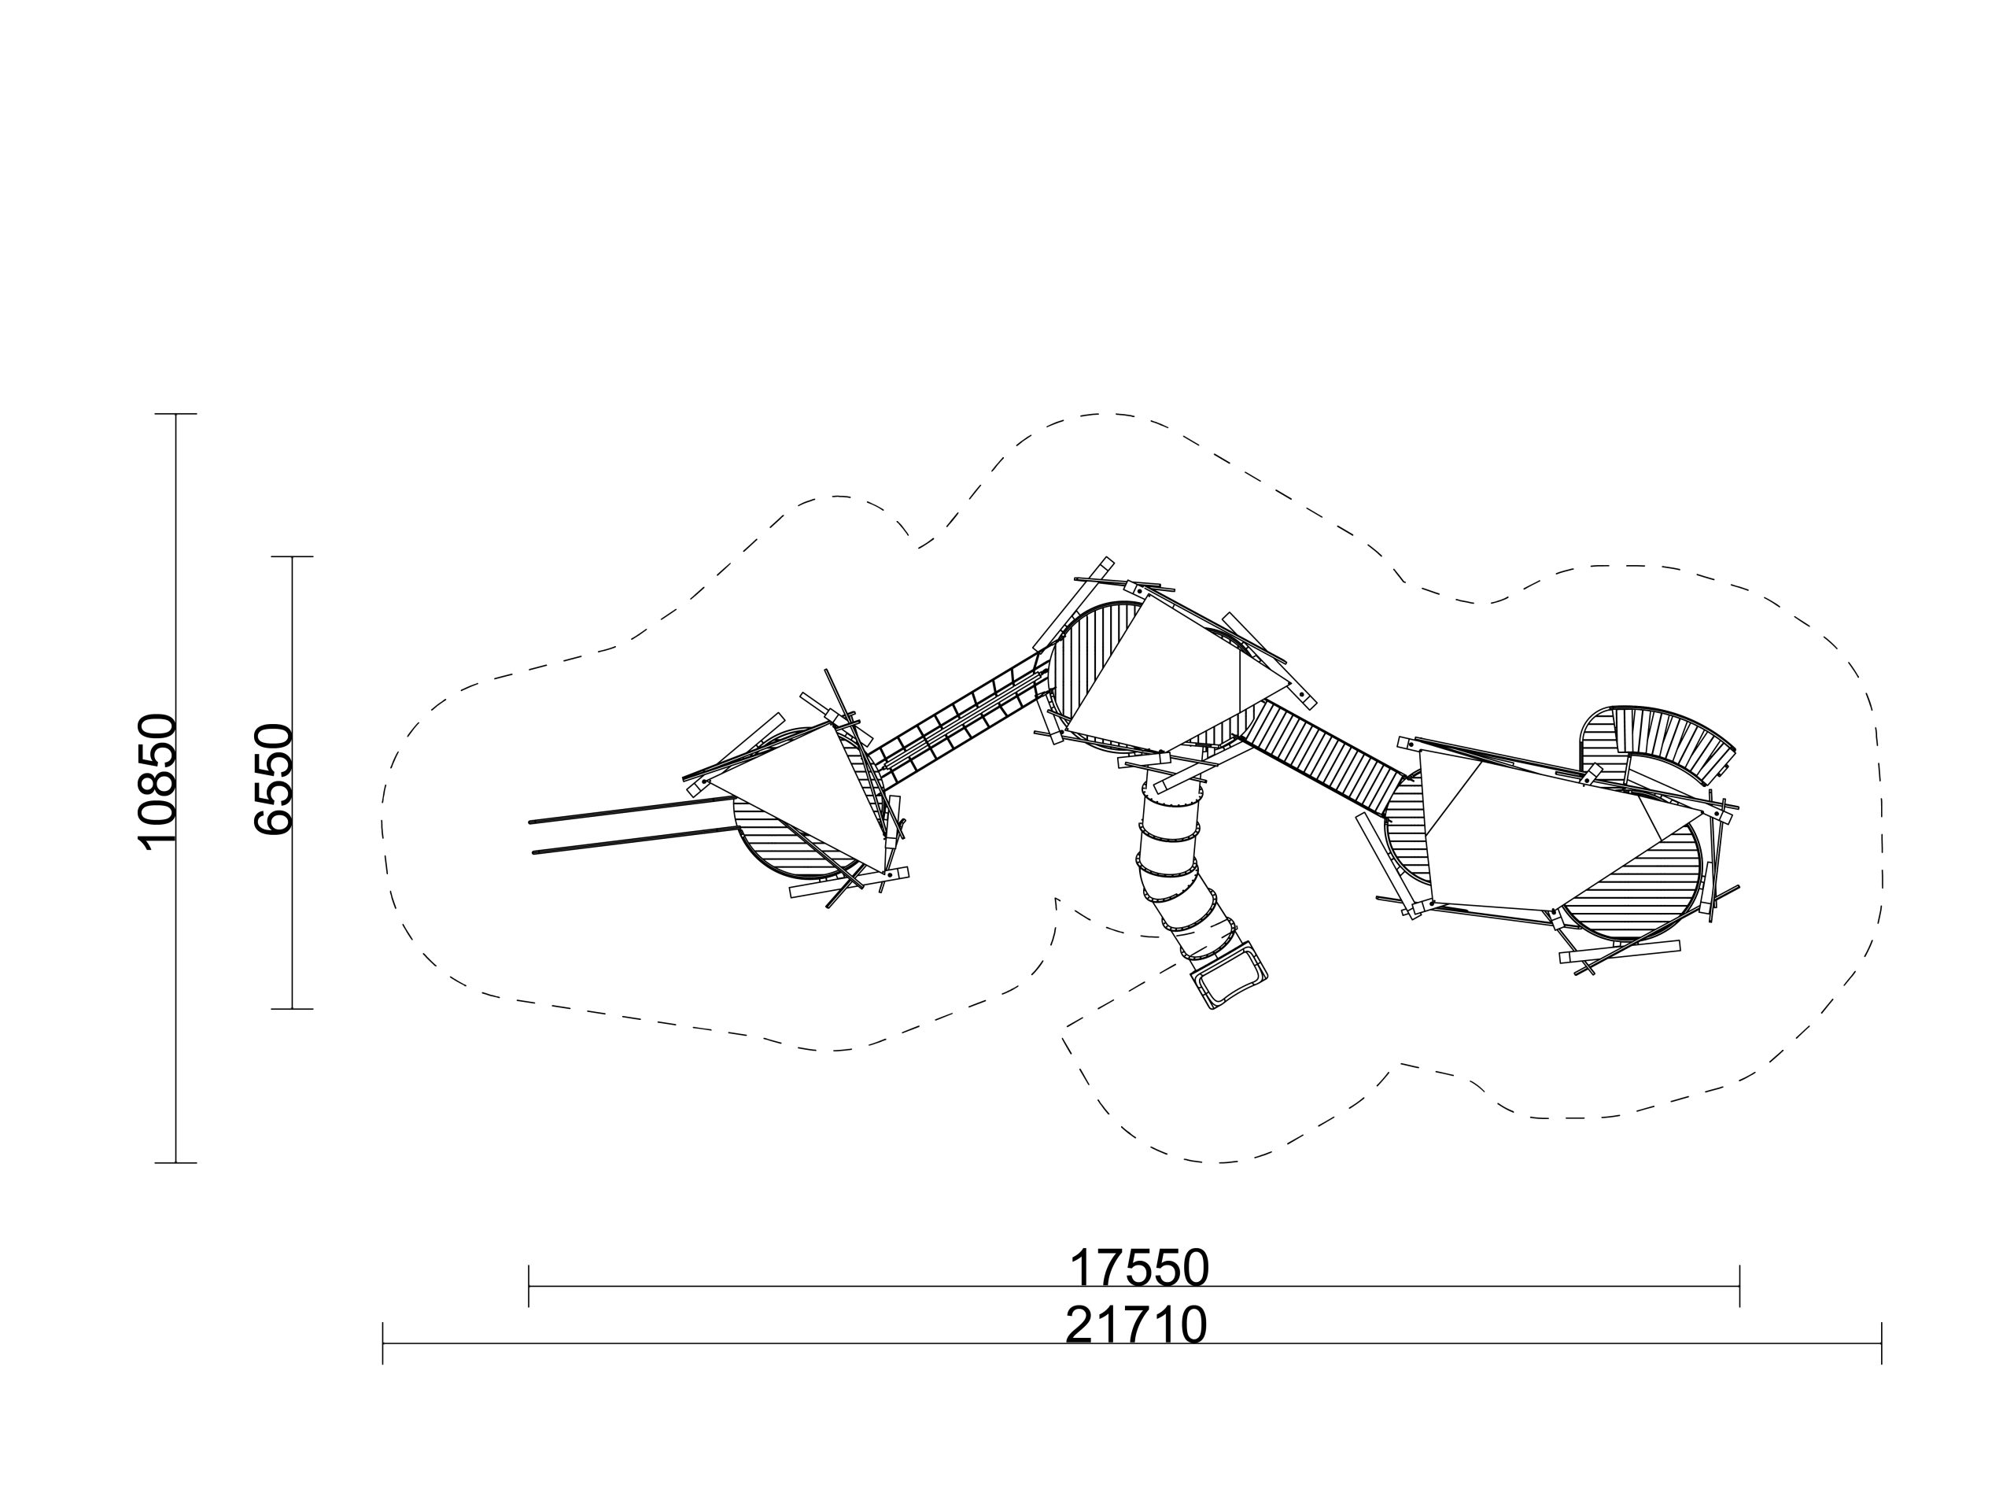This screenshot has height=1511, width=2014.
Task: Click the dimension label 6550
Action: coord(272,780)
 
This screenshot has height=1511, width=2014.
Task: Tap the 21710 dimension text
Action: coord(1136,1325)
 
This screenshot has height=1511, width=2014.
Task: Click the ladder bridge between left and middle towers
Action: coord(956,722)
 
